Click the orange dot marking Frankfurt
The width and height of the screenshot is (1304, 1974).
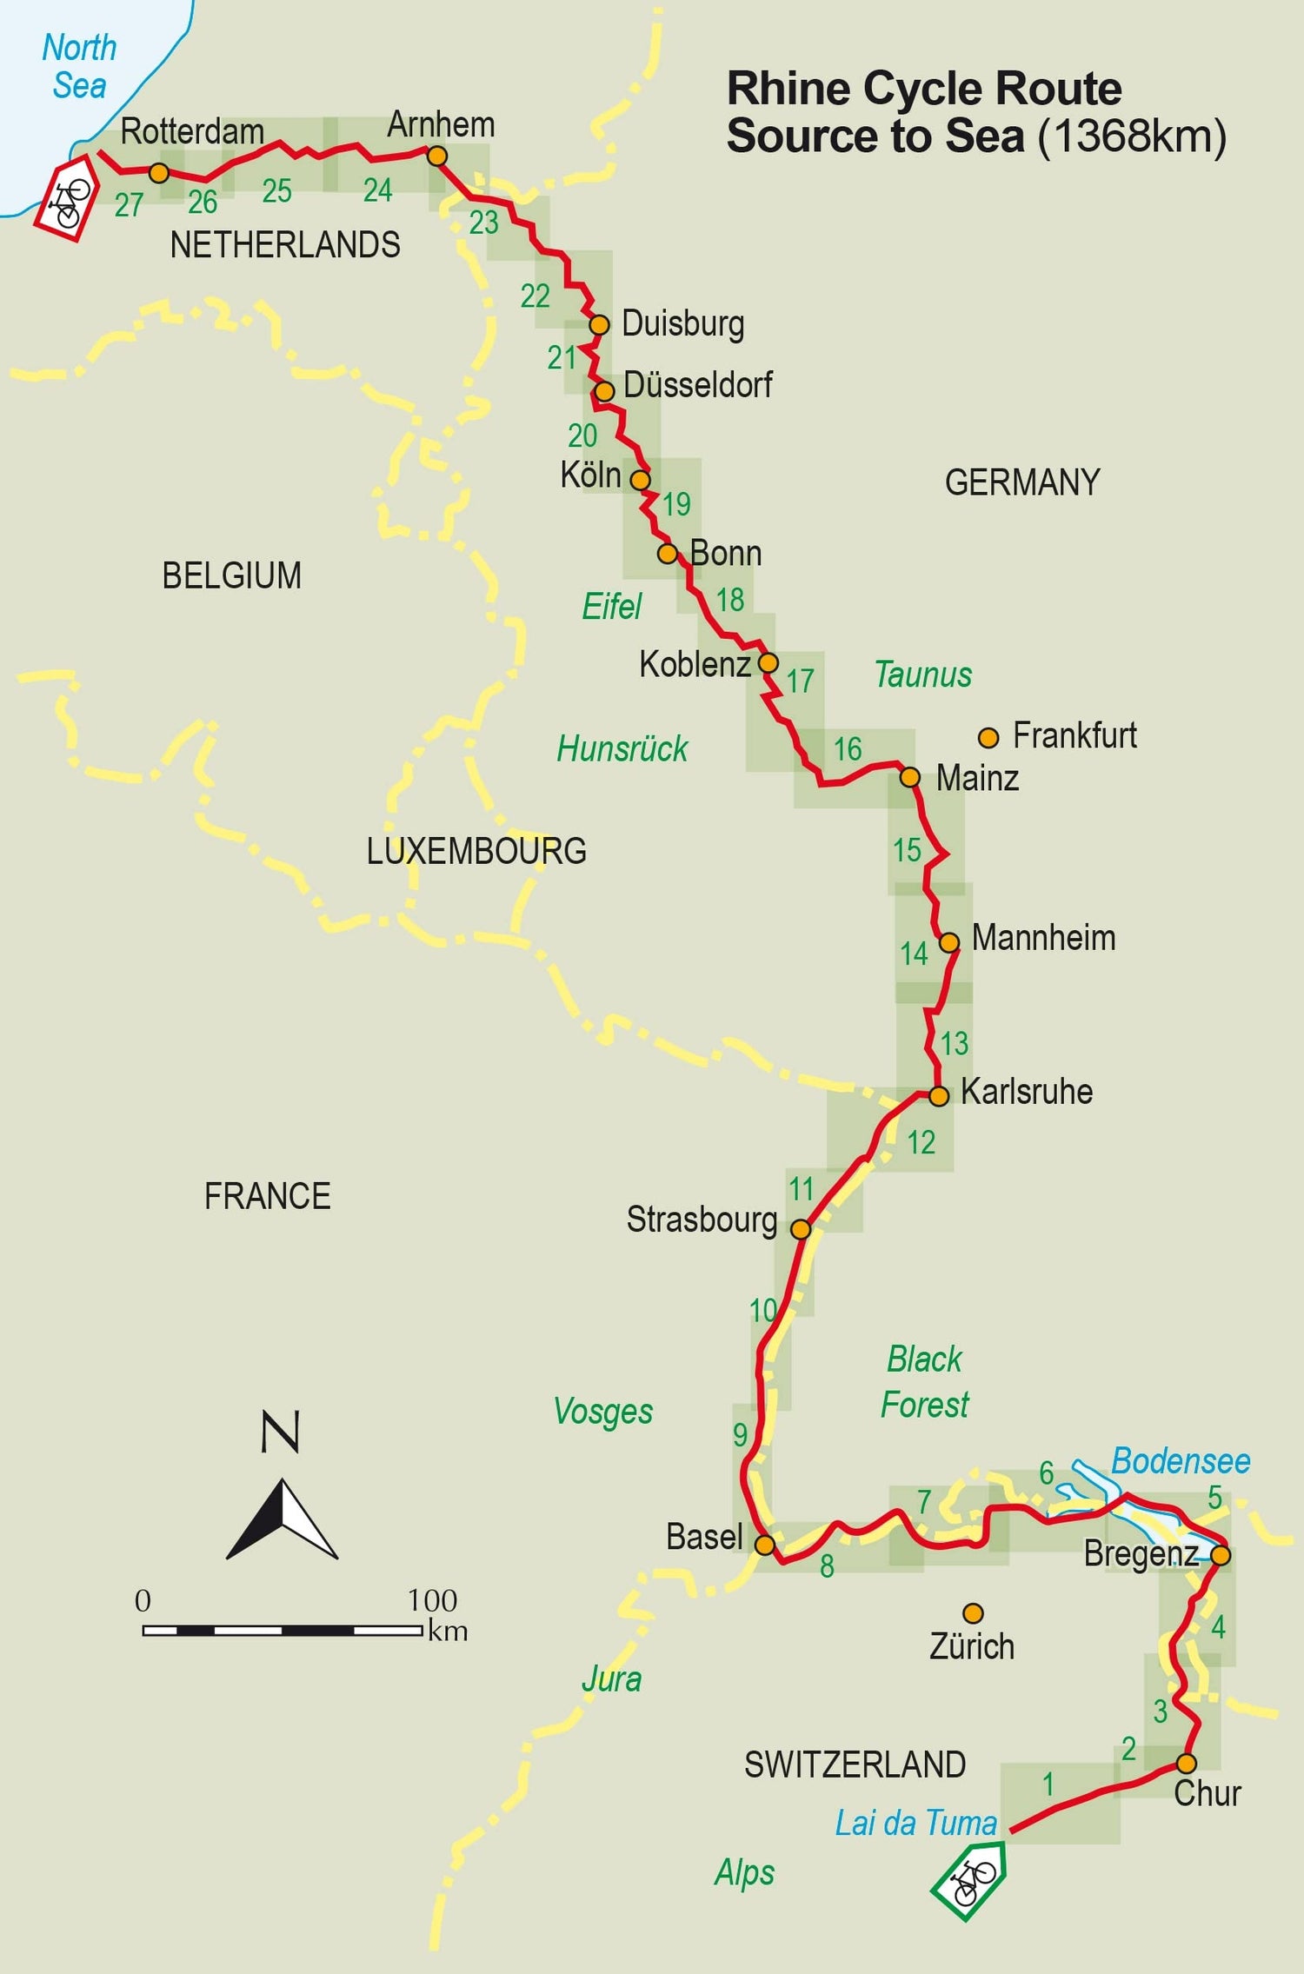click(x=988, y=738)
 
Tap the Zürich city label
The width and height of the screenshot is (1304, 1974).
click(x=971, y=1646)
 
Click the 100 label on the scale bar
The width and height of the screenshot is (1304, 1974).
click(x=432, y=1600)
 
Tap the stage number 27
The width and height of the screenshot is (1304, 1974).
click(x=129, y=205)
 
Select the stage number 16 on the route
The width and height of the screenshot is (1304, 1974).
click(x=848, y=749)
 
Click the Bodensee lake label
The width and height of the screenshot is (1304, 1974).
click(x=1181, y=1461)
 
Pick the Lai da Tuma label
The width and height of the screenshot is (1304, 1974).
click(x=915, y=1823)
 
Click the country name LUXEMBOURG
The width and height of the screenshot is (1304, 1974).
click(x=476, y=851)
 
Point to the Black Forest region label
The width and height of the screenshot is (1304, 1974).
click(x=924, y=1381)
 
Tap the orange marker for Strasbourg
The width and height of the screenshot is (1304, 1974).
click(x=801, y=1229)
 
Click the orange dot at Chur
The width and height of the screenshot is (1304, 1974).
click(x=1186, y=1764)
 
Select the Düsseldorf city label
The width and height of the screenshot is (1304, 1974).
click(x=697, y=385)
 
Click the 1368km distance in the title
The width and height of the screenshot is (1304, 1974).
click(x=1132, y=136)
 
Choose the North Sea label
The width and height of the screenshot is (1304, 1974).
click(x=79, y=67)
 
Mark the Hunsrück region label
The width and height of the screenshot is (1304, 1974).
click(x=622, y=748)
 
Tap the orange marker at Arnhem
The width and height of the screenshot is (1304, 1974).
click(x=437, y=156)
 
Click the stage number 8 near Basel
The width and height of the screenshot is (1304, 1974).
click(x=827, y=1565)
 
